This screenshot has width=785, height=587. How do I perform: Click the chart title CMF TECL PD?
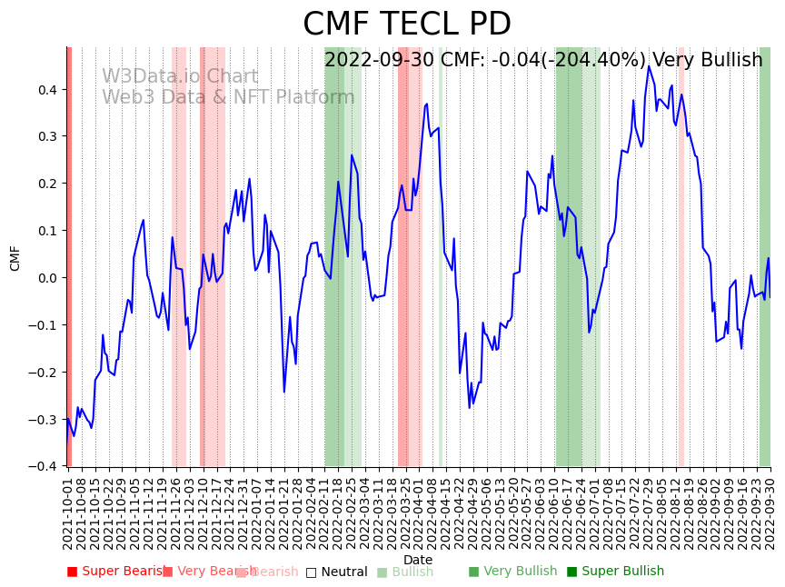click(406, 25)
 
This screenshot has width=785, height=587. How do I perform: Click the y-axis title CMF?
click(15, 258)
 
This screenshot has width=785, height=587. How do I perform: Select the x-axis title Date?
click(418, 560)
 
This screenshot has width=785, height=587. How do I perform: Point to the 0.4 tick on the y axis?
click(47, 89)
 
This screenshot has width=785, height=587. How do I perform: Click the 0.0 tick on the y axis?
click(47, 278)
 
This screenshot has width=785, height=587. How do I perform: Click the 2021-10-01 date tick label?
click(68, 512)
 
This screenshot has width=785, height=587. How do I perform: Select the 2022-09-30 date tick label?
click(772, 512)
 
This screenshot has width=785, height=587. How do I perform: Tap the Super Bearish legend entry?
click(114, 572)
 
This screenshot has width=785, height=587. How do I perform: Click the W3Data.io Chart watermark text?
click(180, 77)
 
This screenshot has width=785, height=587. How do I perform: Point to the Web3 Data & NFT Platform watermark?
click(228, 97)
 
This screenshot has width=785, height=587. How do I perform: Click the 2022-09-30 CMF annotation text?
click(543, 60)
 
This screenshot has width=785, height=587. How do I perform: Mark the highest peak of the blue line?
click(649, 66)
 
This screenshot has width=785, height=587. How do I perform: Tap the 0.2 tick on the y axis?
click(47, 184)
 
